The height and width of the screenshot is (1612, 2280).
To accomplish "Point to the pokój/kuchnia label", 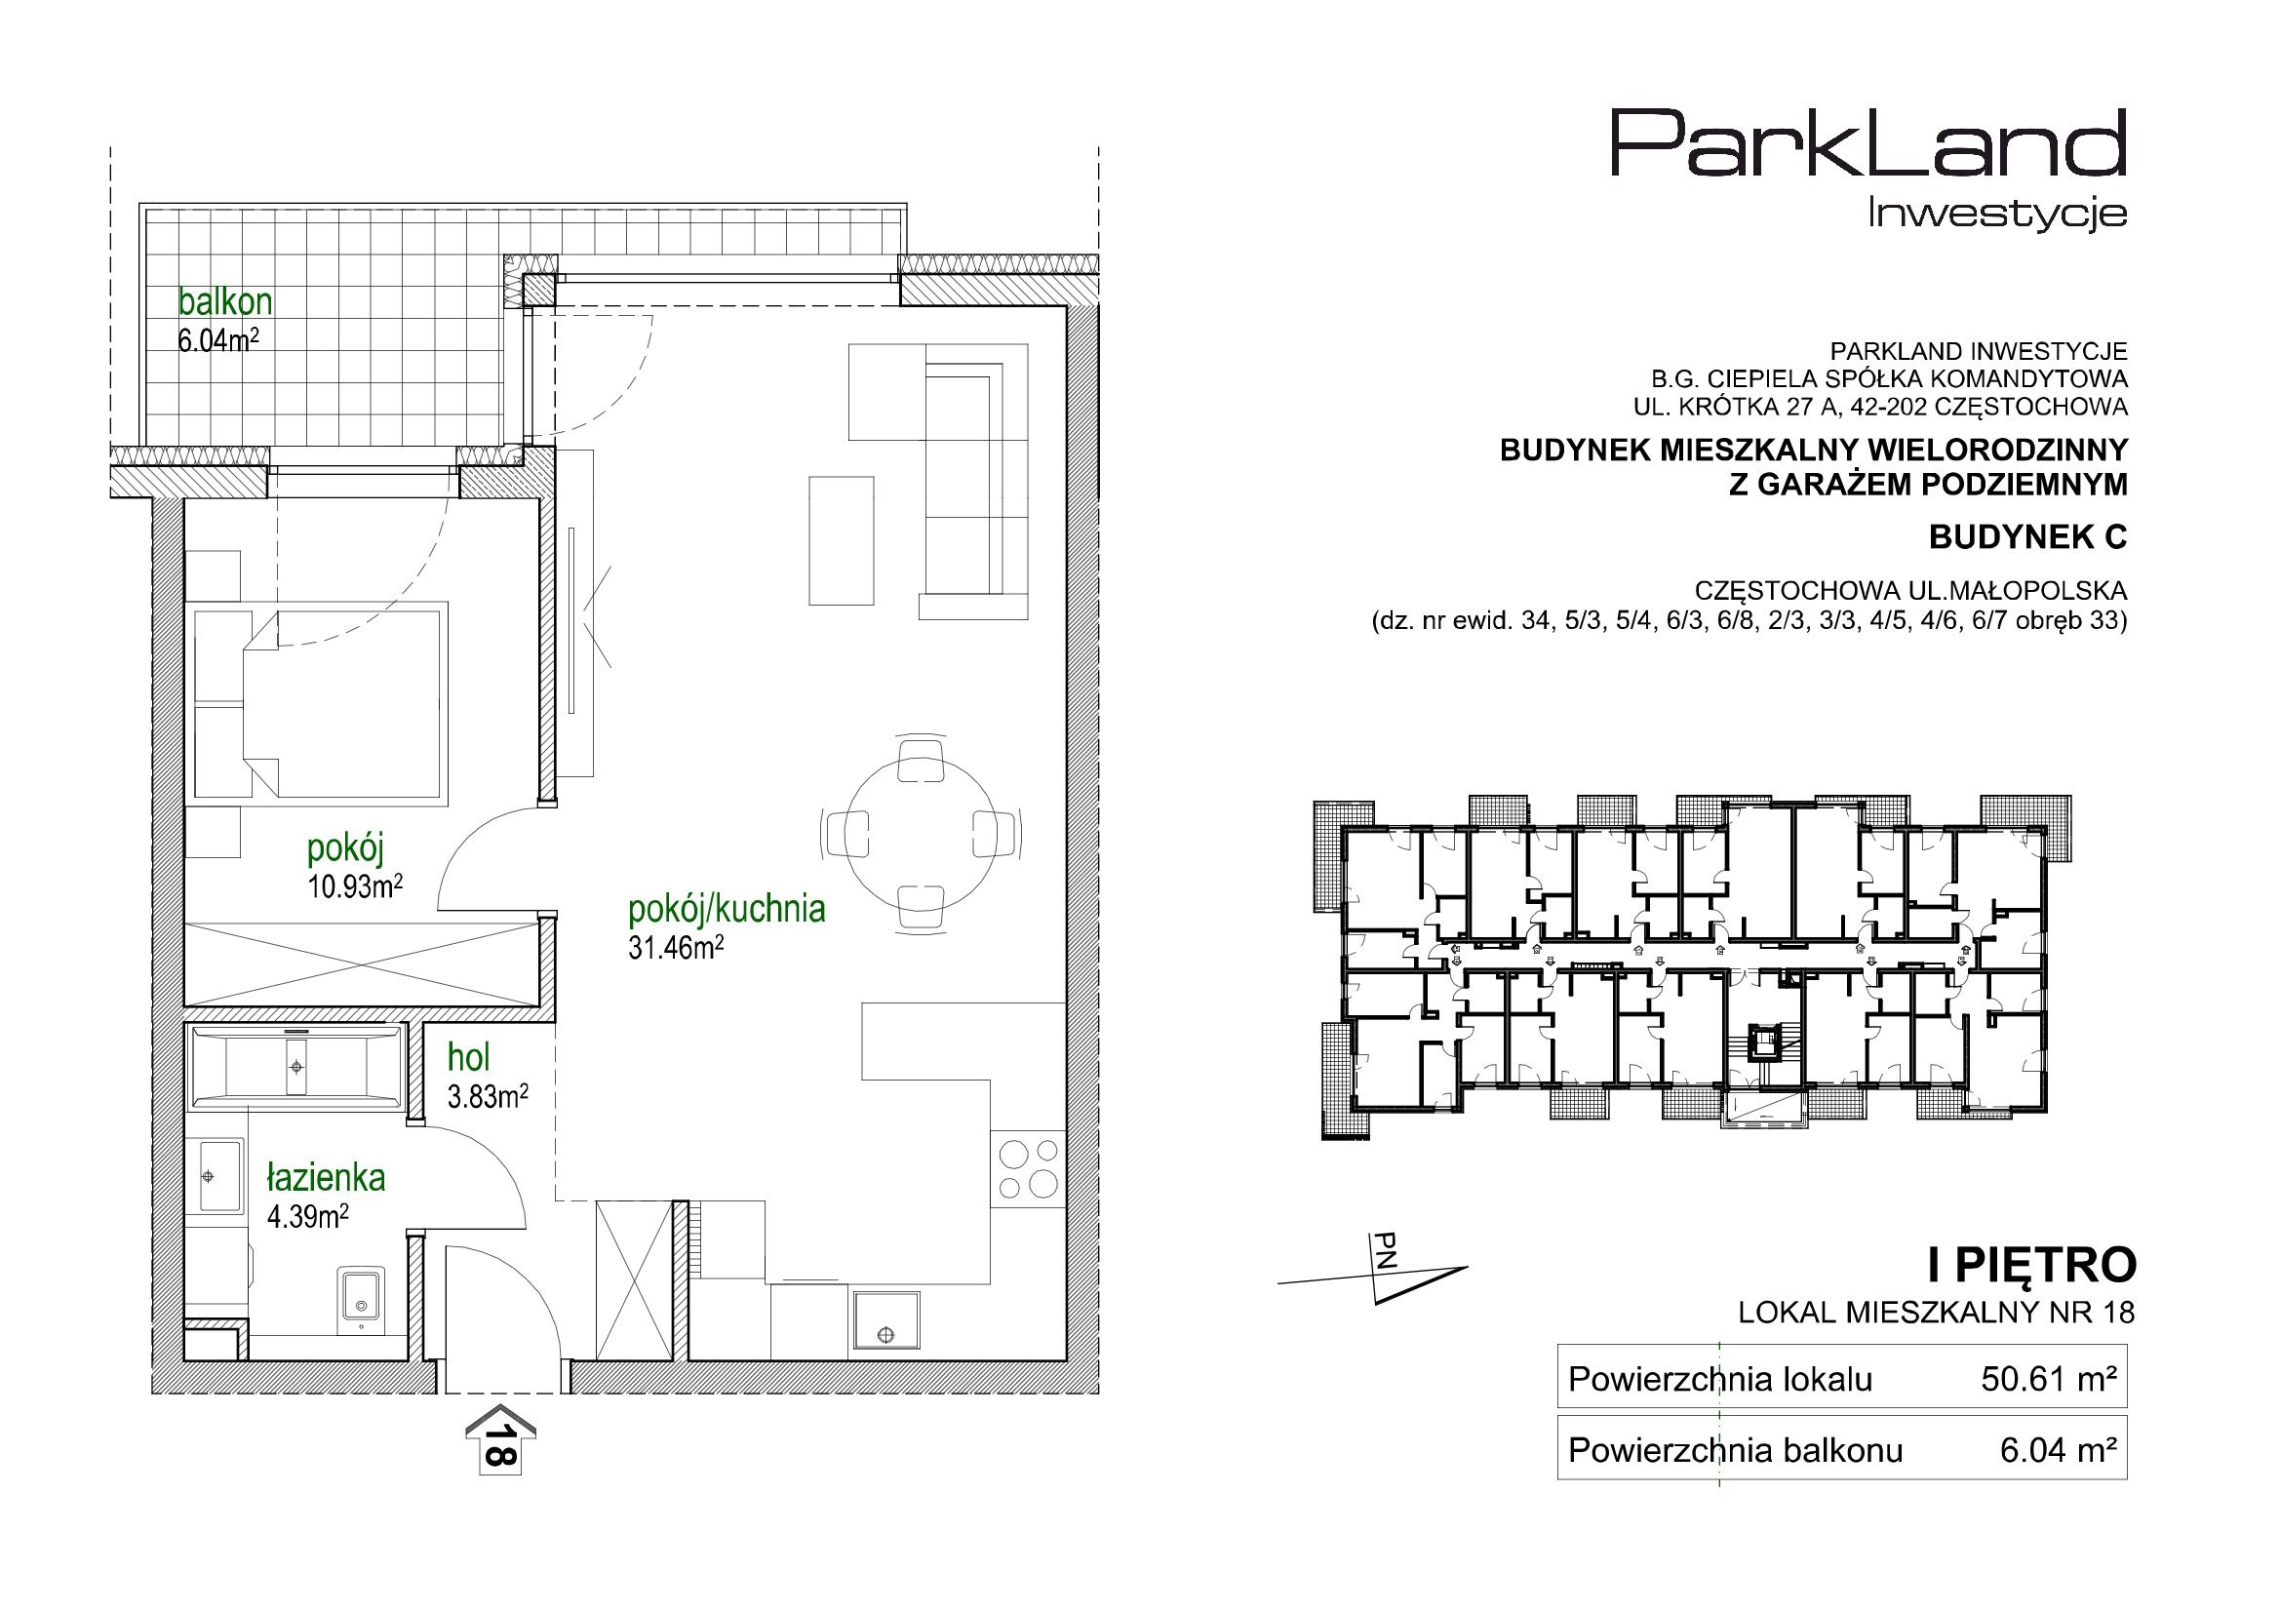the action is click(x=727, y=909).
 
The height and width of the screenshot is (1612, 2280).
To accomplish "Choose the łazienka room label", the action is click(x=326, y=1177).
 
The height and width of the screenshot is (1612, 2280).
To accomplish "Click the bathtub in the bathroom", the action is click(x=295, y=1067).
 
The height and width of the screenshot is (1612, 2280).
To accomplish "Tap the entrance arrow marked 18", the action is click(x=501, y=1439).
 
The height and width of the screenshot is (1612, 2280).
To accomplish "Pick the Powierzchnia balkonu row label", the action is click(x=1735, y=1451).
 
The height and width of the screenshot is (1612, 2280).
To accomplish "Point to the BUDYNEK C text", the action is click(x=2027, y=537).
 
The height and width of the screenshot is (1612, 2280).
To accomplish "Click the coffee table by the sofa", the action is click(x=841, y=539).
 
